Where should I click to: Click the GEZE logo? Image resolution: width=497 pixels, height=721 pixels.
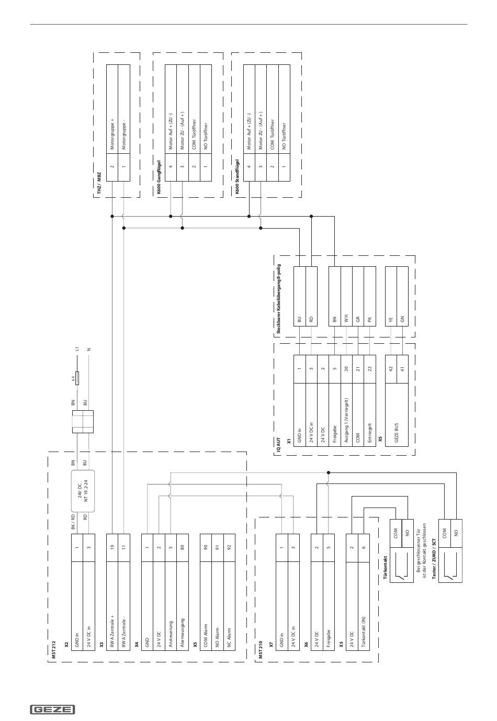[x=53, y=709]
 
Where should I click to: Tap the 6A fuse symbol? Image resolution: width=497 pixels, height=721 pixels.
[x=77, y=378]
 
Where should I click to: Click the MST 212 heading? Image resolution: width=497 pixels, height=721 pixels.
[x=54, y=651]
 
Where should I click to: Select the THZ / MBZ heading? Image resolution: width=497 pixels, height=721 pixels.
[x=98, y=186]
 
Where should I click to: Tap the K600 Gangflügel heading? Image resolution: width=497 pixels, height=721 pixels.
[x=158, y=177]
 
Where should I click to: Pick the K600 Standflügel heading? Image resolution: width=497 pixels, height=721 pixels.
[x=237, y=176]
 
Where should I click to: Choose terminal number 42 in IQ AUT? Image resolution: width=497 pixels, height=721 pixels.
[x=391, y=369]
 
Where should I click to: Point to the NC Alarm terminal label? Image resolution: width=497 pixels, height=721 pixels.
[x=229, y=637]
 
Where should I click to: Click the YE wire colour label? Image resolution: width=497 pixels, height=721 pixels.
[x=391, y=320]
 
